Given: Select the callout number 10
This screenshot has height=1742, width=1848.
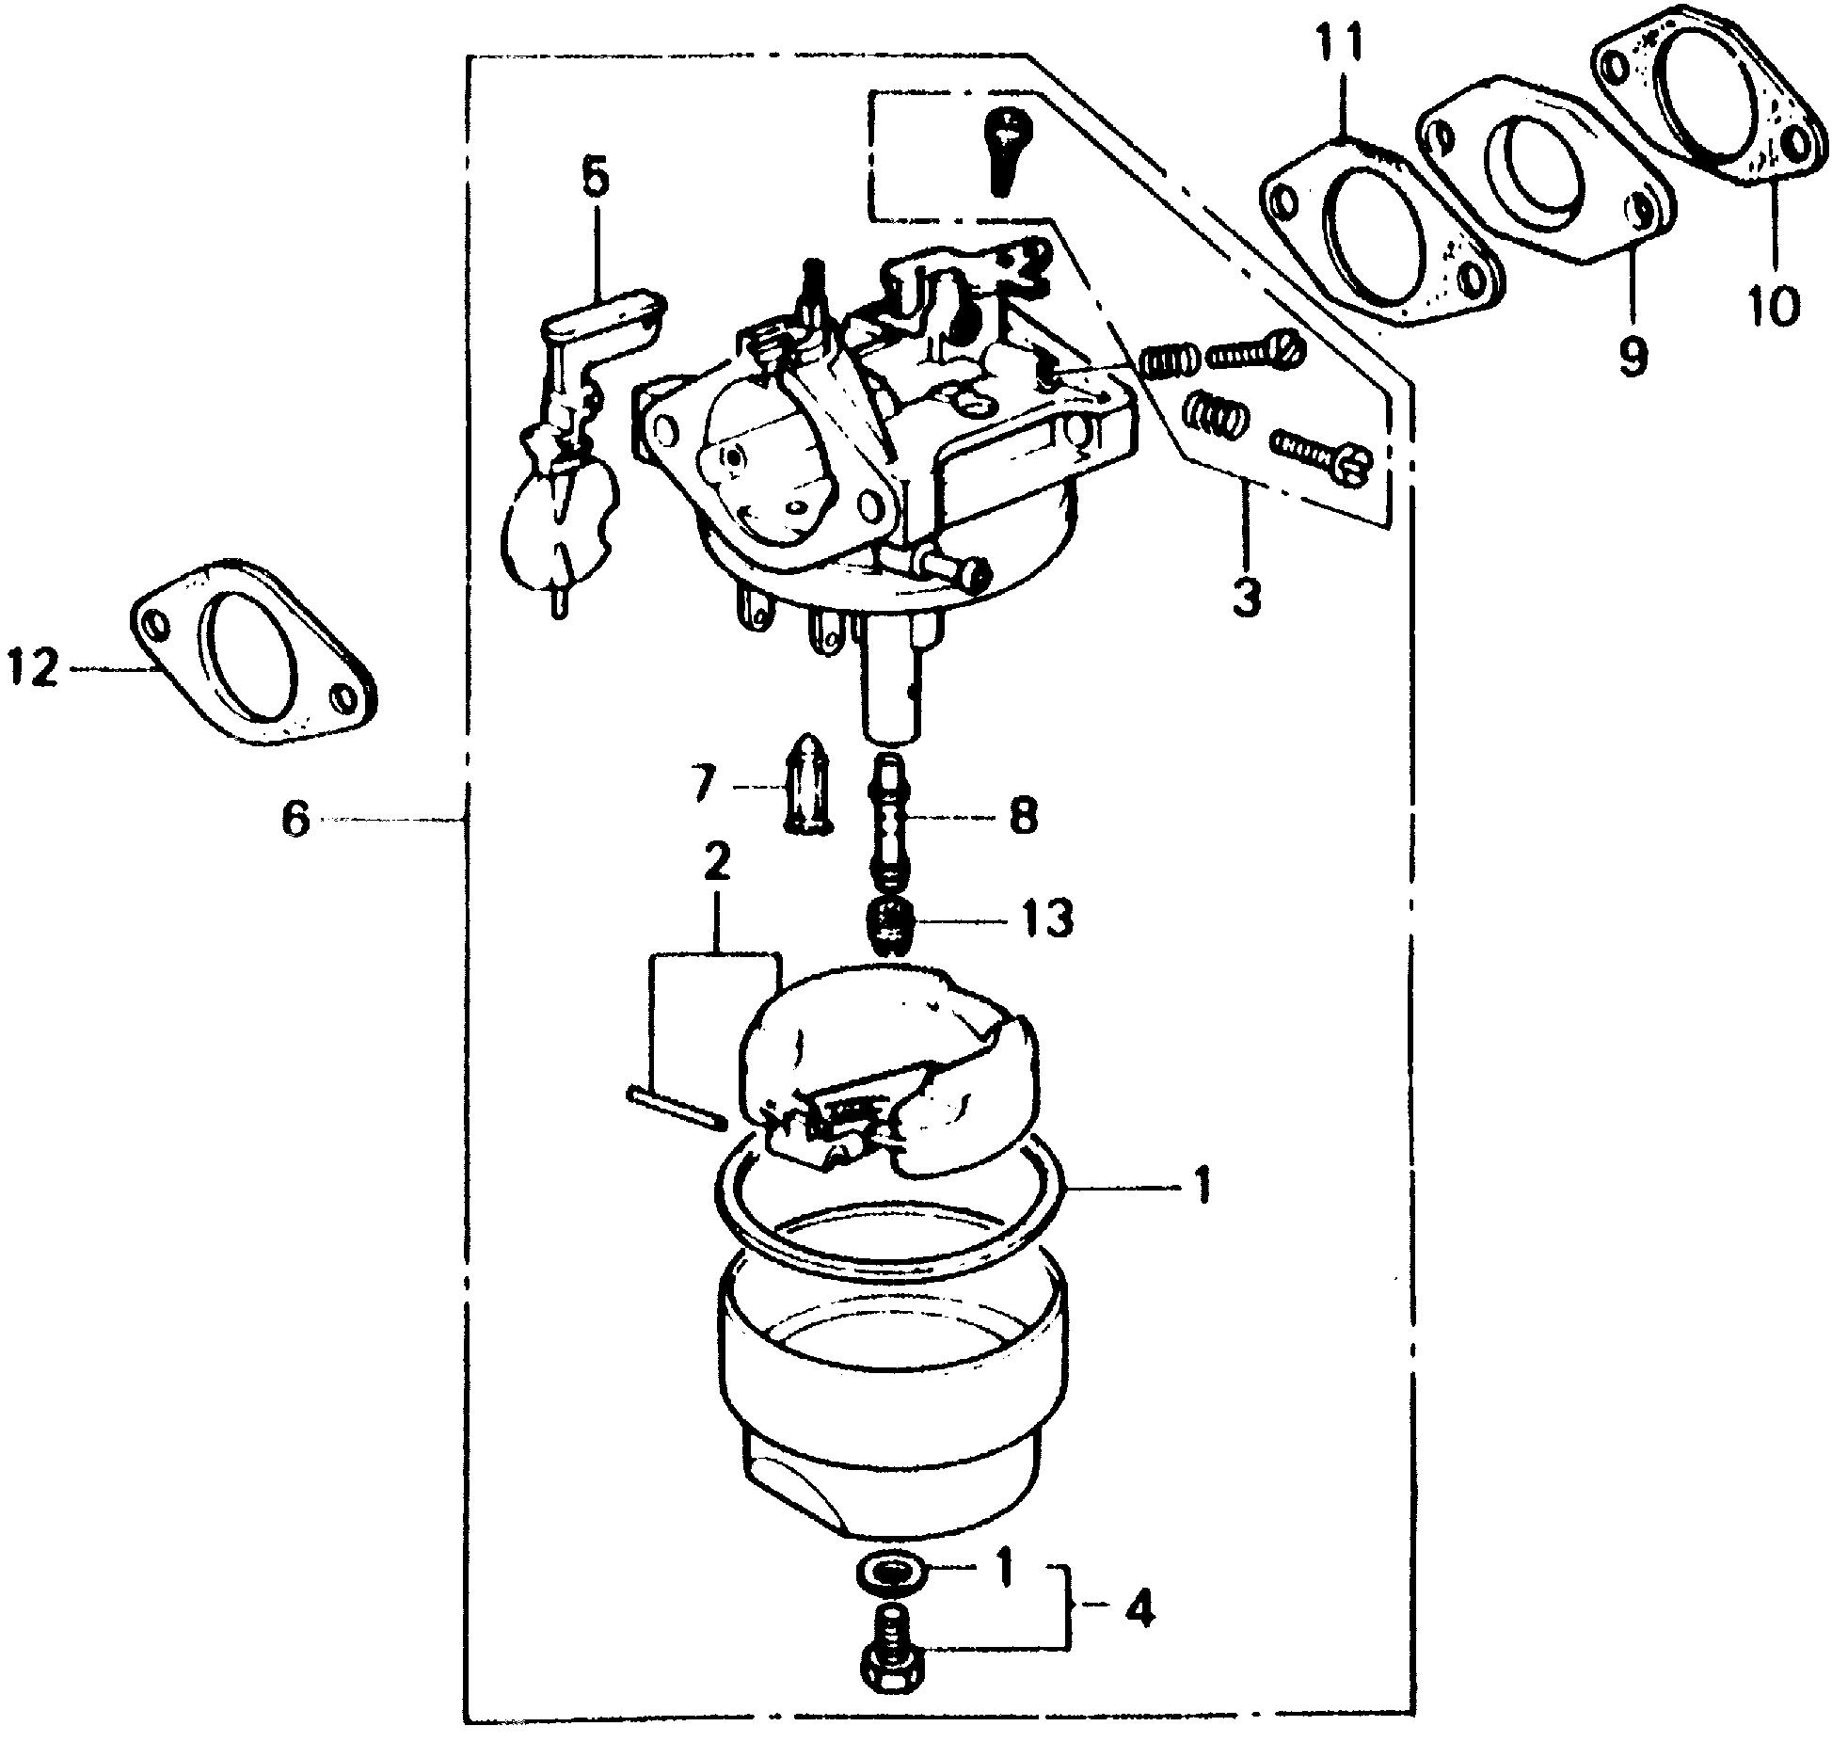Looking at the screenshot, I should coord(1774,305).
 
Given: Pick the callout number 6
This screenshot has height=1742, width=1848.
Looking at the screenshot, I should coord(295,818).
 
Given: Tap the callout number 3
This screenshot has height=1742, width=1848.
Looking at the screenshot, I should coord(1246,599).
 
